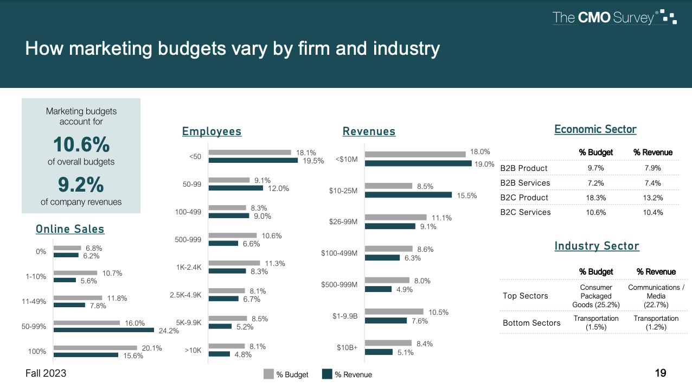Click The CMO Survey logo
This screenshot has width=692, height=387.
[614, 17]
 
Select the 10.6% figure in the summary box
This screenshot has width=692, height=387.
[81, 145]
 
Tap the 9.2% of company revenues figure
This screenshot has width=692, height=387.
[81, 185]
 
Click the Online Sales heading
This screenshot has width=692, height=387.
[70, 229]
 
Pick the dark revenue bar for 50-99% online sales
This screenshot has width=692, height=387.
[104, 330]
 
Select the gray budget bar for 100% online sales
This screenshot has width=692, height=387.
[95, 348]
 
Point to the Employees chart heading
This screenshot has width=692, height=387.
[212, 131]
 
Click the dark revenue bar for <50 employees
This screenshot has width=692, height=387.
[253, 160]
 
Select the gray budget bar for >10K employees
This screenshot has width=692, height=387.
[227, 346]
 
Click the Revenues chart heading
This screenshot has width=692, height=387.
[369, 131]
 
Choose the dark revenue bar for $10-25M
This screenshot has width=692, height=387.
[408, 195]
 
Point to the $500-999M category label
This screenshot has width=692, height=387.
[339, 284]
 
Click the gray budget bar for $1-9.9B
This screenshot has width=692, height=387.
[394, 312]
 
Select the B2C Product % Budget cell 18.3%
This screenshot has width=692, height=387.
[596, 198]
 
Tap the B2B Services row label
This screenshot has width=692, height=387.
[524, 183]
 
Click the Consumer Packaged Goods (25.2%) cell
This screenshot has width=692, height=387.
[596, 296]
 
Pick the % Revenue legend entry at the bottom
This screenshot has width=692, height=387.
[347, 375]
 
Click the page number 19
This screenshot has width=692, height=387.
[661, 373]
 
